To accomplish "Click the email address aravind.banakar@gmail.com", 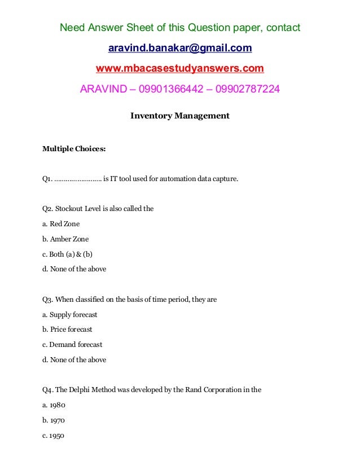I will click(x=179, y=48).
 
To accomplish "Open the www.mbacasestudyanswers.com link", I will click(x=179, y=68).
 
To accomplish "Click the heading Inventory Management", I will click(x=179, y=116).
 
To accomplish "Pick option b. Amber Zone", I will click(x=65, y=239).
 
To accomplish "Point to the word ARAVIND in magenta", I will click(x=102, y=89).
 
